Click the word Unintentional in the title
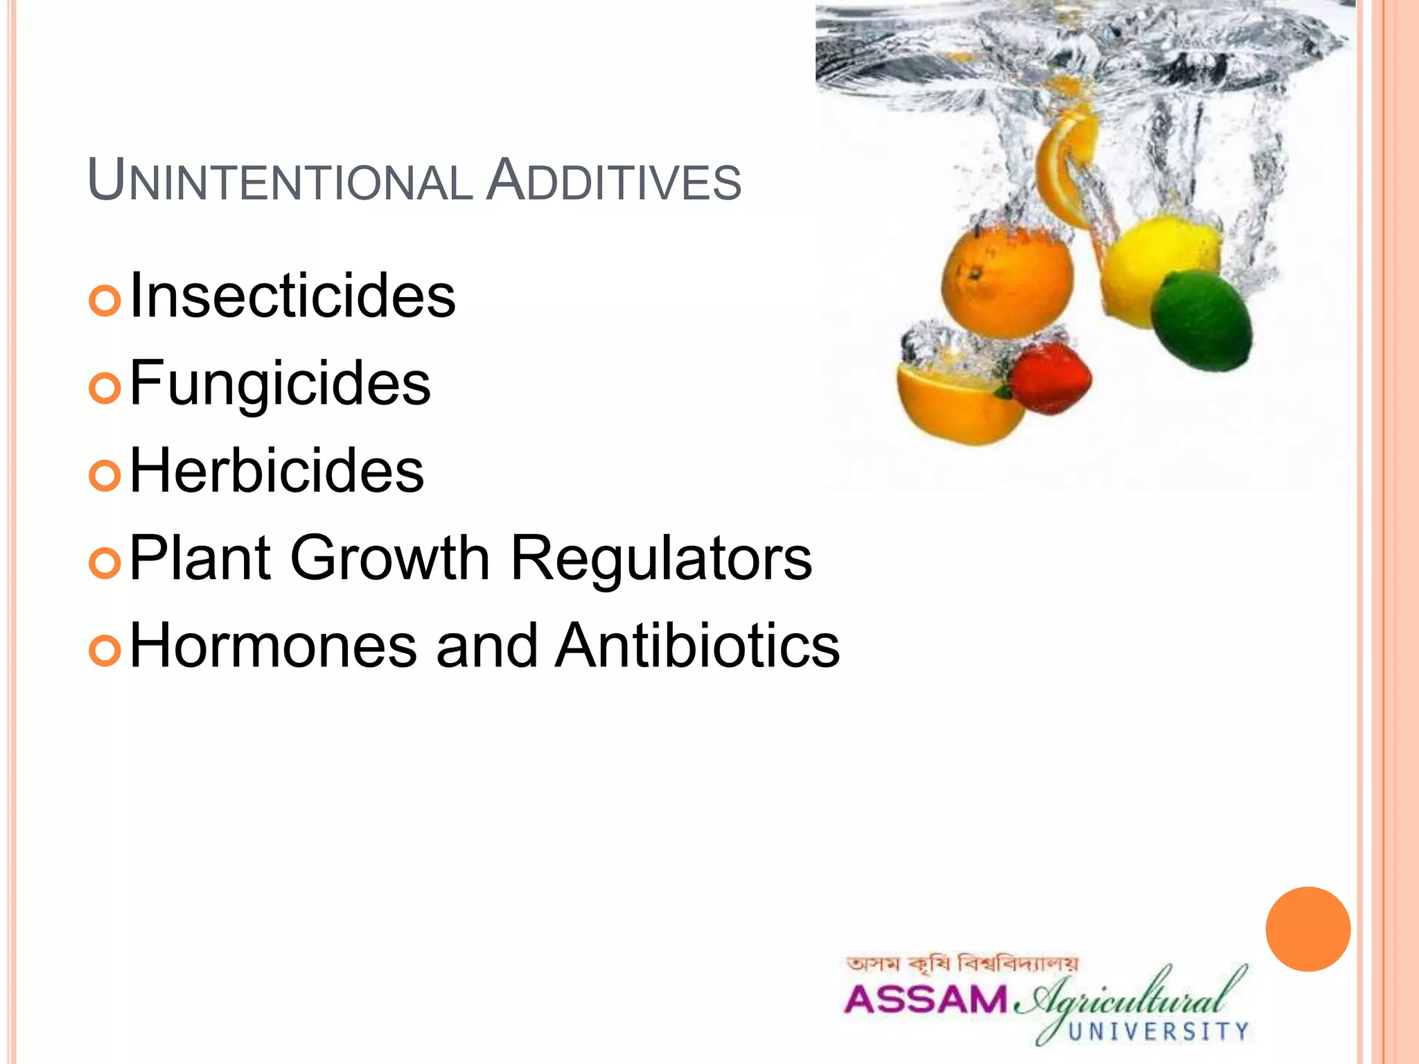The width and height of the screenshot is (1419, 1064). click(x=280, y=181)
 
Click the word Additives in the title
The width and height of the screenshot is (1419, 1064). click(x=614, y=181)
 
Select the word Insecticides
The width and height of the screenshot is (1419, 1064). click(x=292, y=296)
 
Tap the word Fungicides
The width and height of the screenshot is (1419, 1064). click(x=280, y=383)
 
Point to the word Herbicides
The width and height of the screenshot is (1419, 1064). click(x=276, y=470)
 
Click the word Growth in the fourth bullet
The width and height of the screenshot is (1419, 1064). click(x=390, y=558)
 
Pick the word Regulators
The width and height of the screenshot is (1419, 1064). click(x=661, y=558)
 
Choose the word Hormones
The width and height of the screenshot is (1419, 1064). click(x=274, y=645)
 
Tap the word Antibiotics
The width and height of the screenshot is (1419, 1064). click(x=698, y=645)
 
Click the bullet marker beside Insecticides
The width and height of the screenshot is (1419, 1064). click(x=105, y=301)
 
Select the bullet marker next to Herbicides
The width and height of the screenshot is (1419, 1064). click(x=105, y=475)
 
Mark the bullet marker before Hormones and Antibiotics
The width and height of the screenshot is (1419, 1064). click(x=105, y=650)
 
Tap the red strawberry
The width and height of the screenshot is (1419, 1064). click(x=1050, y=378)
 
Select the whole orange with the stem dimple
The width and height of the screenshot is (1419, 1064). click(x=1007, y=281)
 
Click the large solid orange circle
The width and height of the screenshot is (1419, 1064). click(x=1307, y=929)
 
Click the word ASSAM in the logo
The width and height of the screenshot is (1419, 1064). click(x=925, y=1000)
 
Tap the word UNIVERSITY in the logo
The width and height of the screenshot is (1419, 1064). click(x=1158, y=1031)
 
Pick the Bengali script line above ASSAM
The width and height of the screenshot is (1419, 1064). click(x=962, y=964)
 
